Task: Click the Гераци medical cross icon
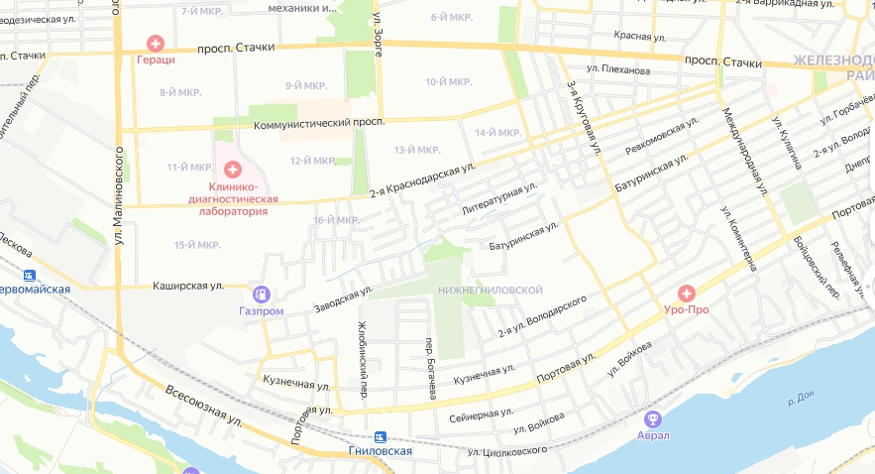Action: point(156,43)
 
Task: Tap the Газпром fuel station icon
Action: point(262,294)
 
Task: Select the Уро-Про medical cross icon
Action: point(686,293)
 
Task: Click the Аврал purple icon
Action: point(652,419)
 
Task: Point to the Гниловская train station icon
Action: point(380,436)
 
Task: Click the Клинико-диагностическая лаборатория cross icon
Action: point(233,170)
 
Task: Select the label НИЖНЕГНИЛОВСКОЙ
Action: point(490,290)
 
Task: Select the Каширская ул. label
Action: point(188,286)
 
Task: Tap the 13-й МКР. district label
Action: point(416,150)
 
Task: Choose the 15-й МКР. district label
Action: point(196,245)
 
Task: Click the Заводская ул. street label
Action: point(343,295)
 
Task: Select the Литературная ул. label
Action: point(499,198)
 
